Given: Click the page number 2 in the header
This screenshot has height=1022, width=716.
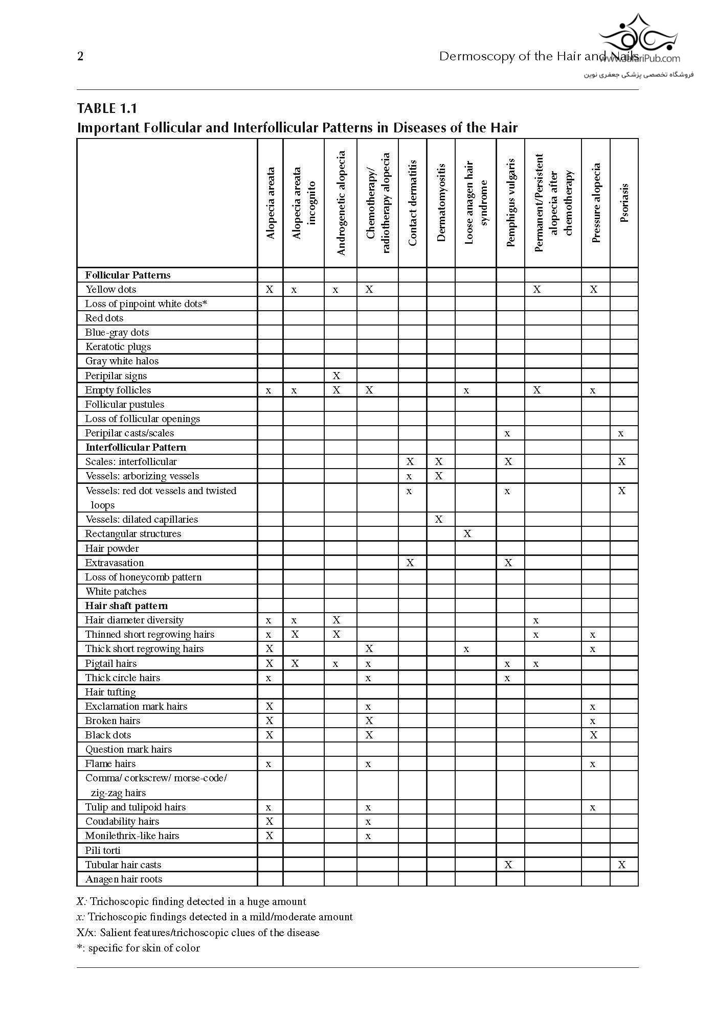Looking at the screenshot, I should coord(80,56).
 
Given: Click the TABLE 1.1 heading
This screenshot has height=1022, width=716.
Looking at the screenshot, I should coord(107,108).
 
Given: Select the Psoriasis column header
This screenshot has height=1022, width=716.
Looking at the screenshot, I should coord(624,203).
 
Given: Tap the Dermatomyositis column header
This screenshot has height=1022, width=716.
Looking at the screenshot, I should coord(441,202).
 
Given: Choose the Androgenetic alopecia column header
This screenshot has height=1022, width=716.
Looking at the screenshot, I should coord(341,203).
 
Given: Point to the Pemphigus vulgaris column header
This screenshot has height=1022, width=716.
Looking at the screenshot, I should coord(510,203).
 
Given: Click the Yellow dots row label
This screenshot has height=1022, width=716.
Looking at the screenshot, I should coord(110,289).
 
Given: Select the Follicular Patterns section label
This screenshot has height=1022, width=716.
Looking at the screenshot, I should coord(128,275).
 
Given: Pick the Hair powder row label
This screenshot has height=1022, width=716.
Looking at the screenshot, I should coord(112,548).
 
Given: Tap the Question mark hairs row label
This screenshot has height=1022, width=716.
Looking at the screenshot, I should coord(128,749).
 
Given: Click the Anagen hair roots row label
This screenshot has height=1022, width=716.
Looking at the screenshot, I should coord(124,879).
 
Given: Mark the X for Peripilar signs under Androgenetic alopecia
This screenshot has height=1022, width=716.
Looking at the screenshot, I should coord(336,376).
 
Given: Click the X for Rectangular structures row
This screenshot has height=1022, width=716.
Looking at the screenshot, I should coord(467,533).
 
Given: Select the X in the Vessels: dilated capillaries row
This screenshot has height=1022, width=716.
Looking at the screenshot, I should coord(438,519).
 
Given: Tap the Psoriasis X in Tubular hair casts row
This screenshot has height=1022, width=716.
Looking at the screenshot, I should coord(621,865).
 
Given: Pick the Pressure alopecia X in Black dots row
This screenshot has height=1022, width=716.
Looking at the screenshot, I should coord(593,735).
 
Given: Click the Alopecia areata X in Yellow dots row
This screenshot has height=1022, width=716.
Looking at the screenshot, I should coord(269,289).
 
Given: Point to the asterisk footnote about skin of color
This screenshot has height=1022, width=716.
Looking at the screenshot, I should coord(138,948).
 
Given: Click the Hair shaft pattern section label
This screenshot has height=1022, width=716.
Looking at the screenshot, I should coord(126,606).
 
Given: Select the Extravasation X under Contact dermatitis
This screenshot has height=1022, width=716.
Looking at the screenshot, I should coord(410,563).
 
